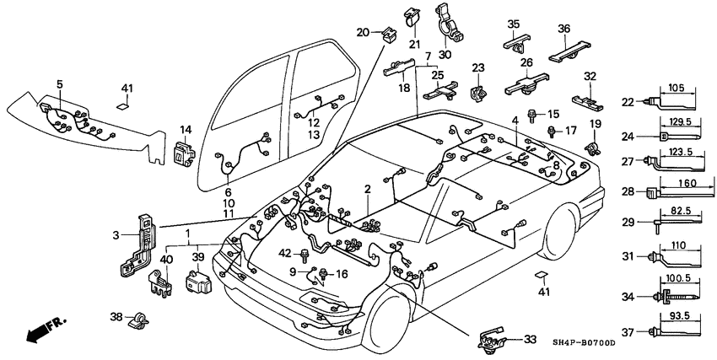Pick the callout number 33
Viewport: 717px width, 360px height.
529,340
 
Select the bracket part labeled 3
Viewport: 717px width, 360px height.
137,244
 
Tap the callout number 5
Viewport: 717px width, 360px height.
60,83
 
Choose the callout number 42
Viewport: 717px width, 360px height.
284,253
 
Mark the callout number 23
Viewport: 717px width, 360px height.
478,67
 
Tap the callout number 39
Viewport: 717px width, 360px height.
199,257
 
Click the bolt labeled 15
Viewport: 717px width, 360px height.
532,114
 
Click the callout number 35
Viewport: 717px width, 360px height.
514,24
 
